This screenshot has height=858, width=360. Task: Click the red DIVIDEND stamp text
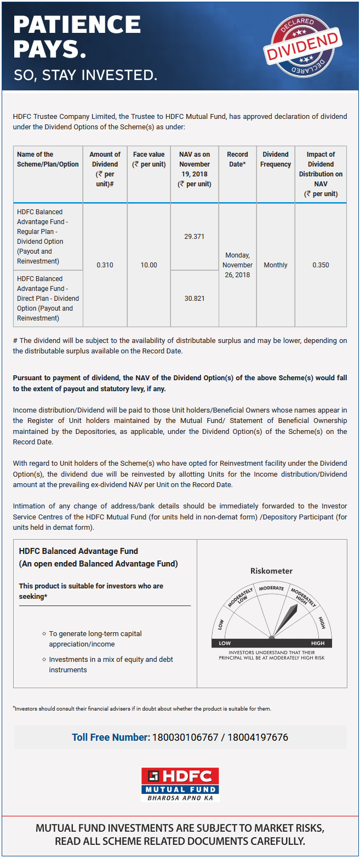(x=302, y=47)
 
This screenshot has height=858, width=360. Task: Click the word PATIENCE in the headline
(x=77, y=25)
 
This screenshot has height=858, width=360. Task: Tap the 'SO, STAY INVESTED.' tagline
(x=85, y=75)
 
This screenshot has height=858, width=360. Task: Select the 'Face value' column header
(x=148, y=159)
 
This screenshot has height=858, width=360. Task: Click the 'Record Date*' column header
(x=237, y=159)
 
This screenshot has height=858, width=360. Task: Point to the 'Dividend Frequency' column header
(x=276, y=159)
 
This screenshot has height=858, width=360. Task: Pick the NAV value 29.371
(x=195, y=237)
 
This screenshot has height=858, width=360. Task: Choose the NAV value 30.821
(x=195, y=299)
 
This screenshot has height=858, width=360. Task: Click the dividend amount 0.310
(x=105, y=265)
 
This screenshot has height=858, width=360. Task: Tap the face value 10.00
(x=148, y=265)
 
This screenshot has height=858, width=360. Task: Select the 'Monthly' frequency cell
(x=276, y=265)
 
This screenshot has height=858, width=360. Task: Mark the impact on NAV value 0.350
(x=321, y=265)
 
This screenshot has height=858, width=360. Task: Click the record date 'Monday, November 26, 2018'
(x=237, y=265)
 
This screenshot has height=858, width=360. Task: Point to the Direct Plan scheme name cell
(x=48, y=299)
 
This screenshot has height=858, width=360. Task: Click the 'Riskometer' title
(x=271, y=571)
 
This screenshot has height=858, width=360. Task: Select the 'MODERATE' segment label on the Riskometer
(x=271, y=588)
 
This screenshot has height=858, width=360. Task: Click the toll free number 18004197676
(x=259, y=737)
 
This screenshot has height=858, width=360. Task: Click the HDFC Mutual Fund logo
(x=180, y=785)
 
